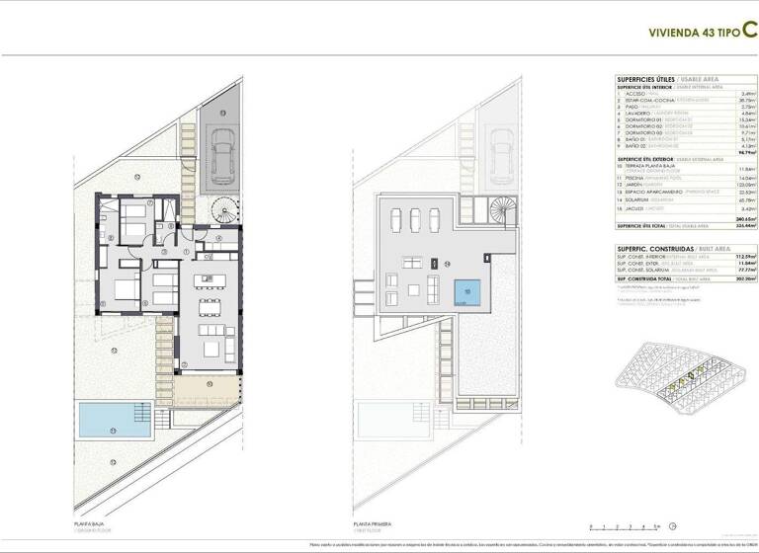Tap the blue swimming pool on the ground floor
(x=115, y=420)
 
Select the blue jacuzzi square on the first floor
(x=468, y=292)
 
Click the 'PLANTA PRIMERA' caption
(x=373, y=524)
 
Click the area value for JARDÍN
(x=731, y=184)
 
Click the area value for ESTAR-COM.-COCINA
(x=731, y=100)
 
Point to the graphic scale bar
(x=623, y=526)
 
